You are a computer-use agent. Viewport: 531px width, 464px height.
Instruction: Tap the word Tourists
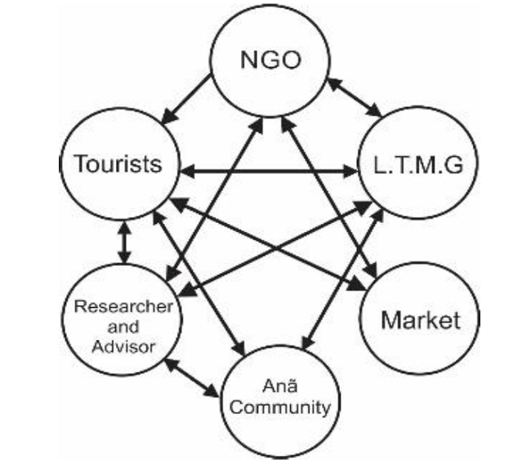(x=118, y=163)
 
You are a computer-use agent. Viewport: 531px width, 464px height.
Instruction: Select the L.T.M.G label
(x=415, y=167)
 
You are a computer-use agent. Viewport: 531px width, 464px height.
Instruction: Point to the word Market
(x=420, y=319)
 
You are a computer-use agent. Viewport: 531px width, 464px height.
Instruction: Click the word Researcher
(x=123, y=306)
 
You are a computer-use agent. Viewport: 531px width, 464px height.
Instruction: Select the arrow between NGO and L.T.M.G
(x=355, y=97)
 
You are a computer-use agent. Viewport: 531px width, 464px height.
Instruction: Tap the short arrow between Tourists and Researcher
(x=124, y=243)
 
